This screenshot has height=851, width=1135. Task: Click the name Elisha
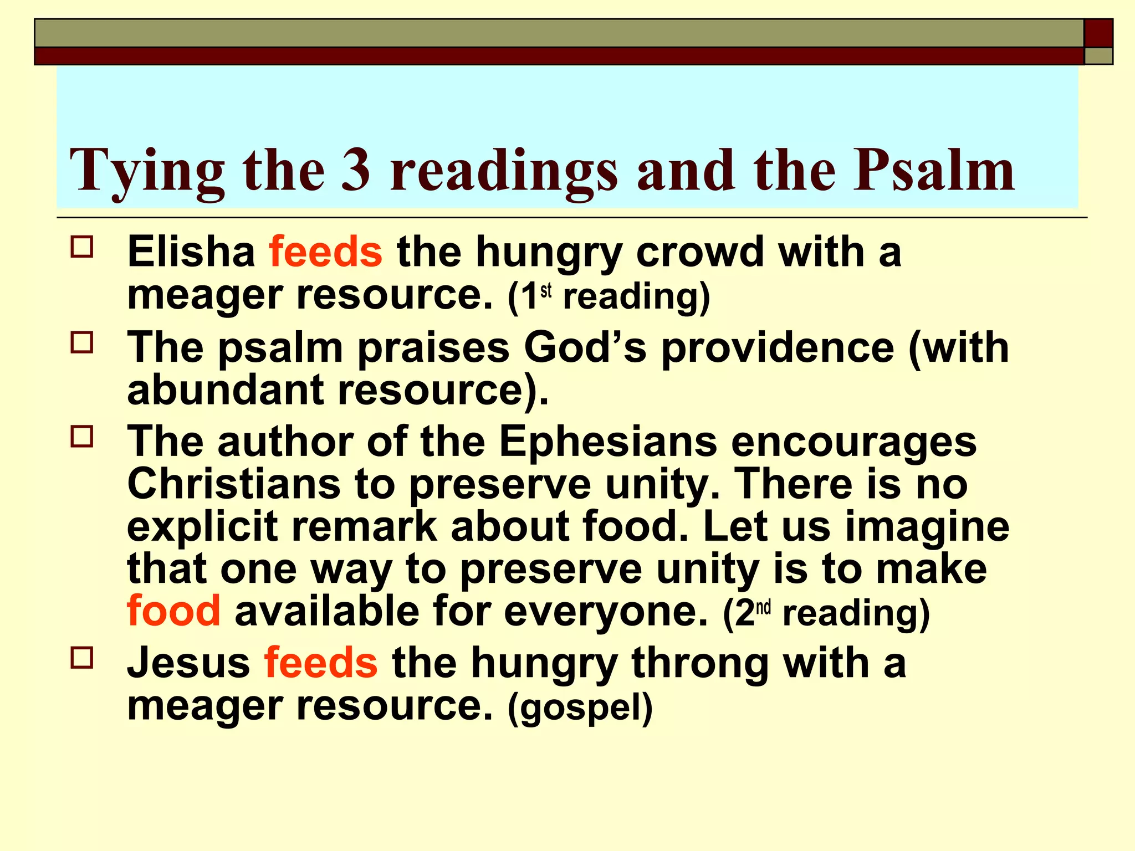[191, 252]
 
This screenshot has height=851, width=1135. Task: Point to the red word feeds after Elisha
[326, 252]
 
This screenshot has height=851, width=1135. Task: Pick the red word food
[173, 611]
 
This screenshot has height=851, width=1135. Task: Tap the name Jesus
[188, 663]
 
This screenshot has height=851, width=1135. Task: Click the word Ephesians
[608, 442]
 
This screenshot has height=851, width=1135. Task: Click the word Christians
[234, 484]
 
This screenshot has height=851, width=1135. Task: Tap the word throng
[700, 664]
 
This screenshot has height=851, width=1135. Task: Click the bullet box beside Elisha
[82, 247]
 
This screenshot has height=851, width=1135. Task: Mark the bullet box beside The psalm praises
[82, 342]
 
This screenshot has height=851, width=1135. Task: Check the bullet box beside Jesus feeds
[82, 658]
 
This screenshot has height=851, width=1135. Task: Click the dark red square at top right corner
[1098, 33]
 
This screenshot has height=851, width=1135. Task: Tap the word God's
[585, 347]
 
